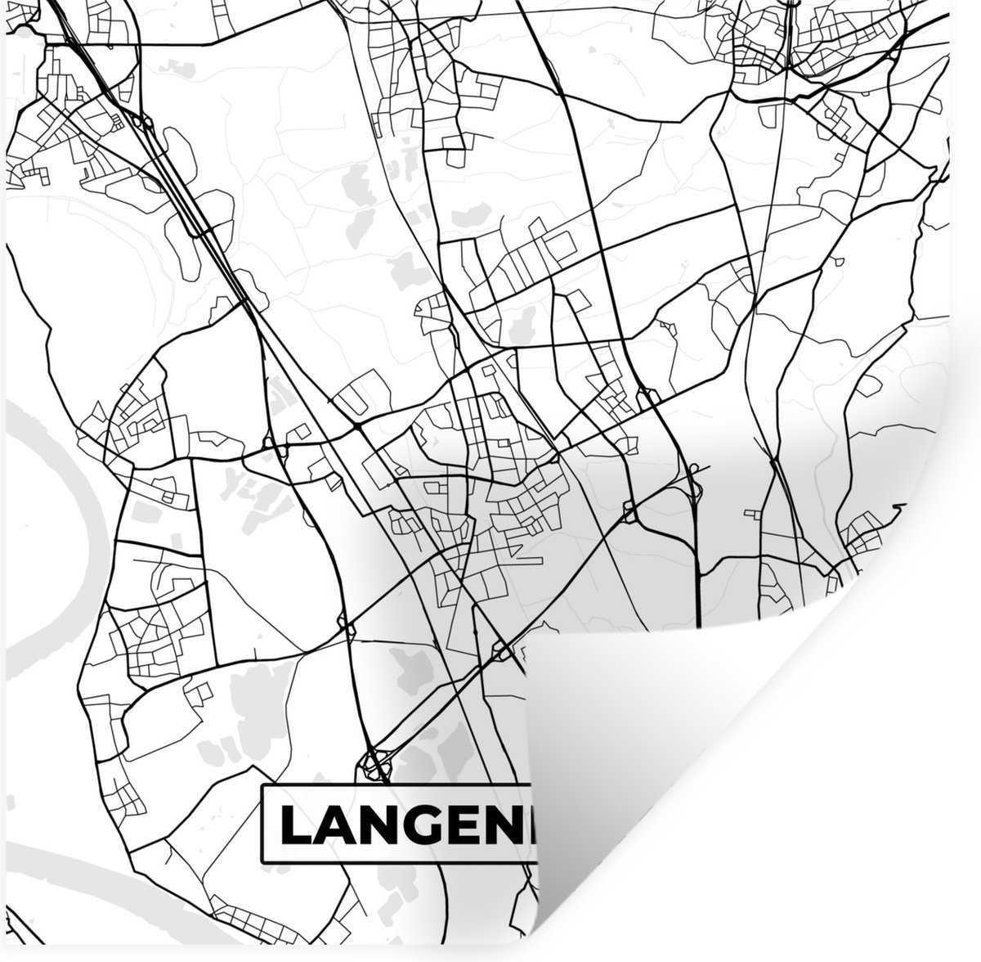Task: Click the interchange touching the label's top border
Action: pos(373,766)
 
